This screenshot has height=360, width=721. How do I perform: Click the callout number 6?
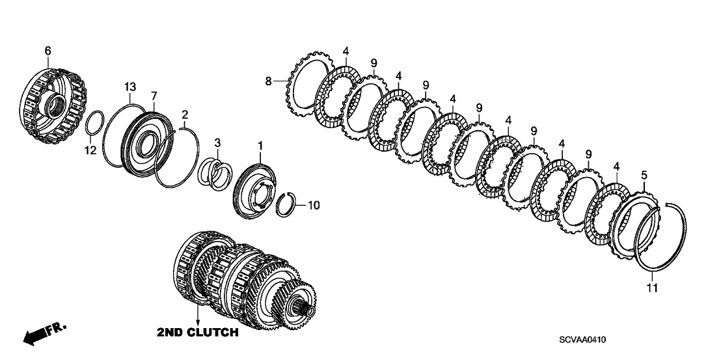(x=47, y=50)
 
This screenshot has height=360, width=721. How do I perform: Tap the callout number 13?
(x=130, y=87)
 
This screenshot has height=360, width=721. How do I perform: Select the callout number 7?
(x=154, y=95)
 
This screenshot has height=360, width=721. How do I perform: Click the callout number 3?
(x=218, y=143)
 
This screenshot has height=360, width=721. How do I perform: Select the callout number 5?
(x=644, y=174)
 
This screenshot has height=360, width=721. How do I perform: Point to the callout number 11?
(x=653, y=286)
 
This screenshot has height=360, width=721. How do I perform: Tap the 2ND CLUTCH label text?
(x=197, y=333)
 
